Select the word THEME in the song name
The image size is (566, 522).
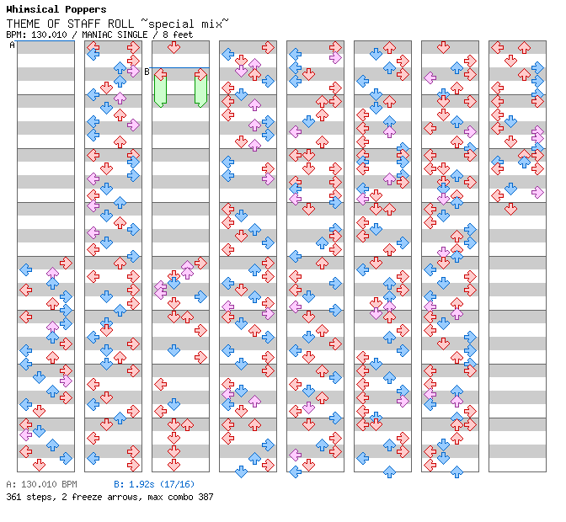(x=22, y=22)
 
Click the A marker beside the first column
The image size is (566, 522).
(x=12, y=45)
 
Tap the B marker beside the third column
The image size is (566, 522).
(x=147, y=72)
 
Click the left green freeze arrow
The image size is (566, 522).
(x=160, y=89)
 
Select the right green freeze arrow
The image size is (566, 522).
(x=200, y=89)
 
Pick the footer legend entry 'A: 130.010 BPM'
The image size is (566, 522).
(x=41, y=485)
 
